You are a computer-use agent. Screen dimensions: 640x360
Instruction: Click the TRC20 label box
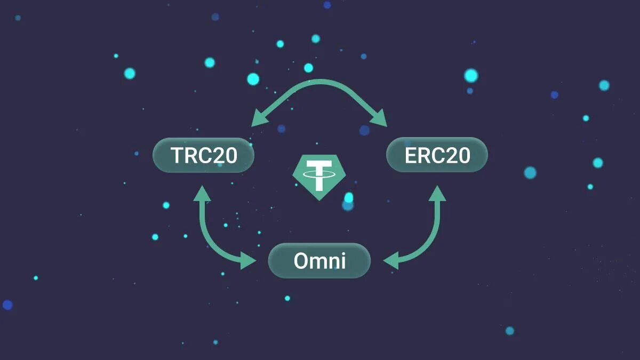(203, 155)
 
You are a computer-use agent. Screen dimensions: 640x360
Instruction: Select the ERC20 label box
(437, 155)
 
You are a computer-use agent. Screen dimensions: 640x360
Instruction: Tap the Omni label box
(319, 261)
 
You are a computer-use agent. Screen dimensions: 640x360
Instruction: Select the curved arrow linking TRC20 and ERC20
(319, 83)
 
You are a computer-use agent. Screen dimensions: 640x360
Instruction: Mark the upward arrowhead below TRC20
(202, 193)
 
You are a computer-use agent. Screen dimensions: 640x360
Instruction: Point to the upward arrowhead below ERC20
(437, 193)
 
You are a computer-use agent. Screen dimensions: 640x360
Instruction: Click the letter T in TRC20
(177, 155)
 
